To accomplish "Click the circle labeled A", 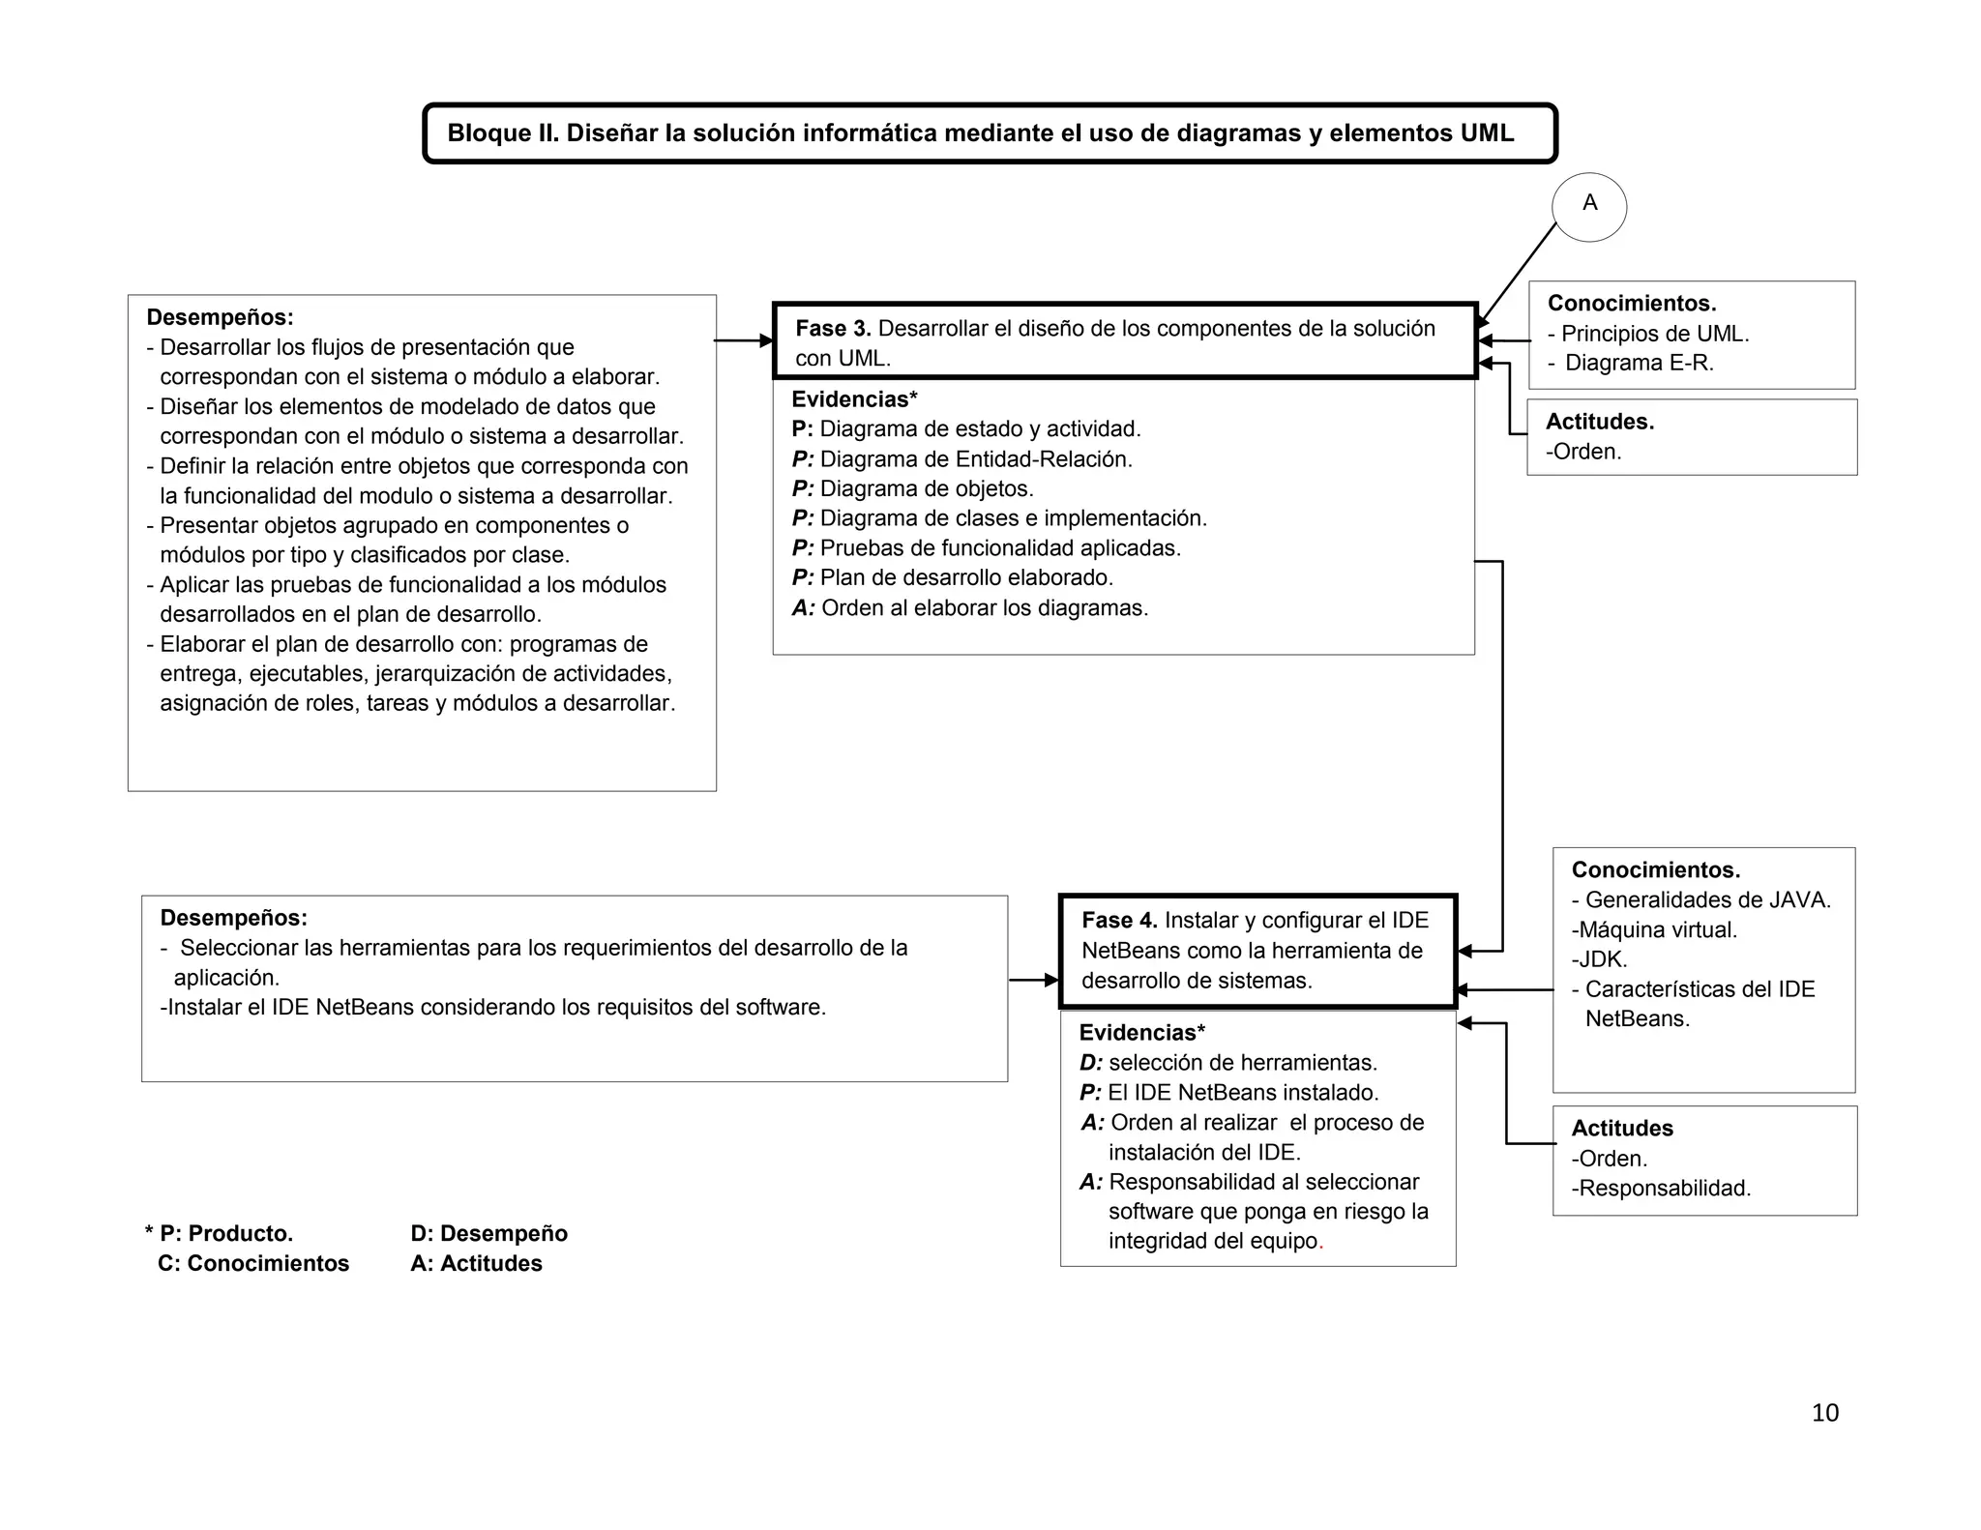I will (1588, 206).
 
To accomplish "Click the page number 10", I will (1824, 1413).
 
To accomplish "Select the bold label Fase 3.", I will (833, 329).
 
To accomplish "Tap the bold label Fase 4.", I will (1119, 921).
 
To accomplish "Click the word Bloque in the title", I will (488, 133).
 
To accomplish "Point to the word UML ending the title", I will (1487, 133).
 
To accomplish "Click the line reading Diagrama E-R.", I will (1639, 364).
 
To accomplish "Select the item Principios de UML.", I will (1654, 334).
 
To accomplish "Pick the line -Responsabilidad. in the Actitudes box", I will (1661, 1189).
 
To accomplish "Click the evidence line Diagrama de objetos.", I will (926, 489).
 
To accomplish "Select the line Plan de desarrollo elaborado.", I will (965, 578).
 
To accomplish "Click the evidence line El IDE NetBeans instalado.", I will (1242, 1093).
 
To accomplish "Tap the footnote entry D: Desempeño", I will (488, 1234).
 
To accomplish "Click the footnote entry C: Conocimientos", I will (253, 1264).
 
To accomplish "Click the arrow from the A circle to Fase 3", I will (1517, 275).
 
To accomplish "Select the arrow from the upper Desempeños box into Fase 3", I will (743, 340).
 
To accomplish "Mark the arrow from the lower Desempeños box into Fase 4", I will (1033, 981).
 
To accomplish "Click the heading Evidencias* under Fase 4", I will (1141, 1033).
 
